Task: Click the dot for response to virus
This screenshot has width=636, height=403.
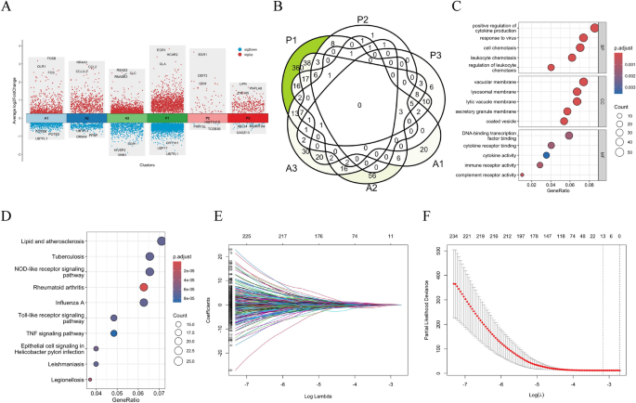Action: pyautogui.click(x=582, y=38)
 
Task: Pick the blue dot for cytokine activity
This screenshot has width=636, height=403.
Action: pyautogui.click(x=546, y=154)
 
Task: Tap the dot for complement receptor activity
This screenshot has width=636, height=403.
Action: pyautogui.click(x=521, y=174)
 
